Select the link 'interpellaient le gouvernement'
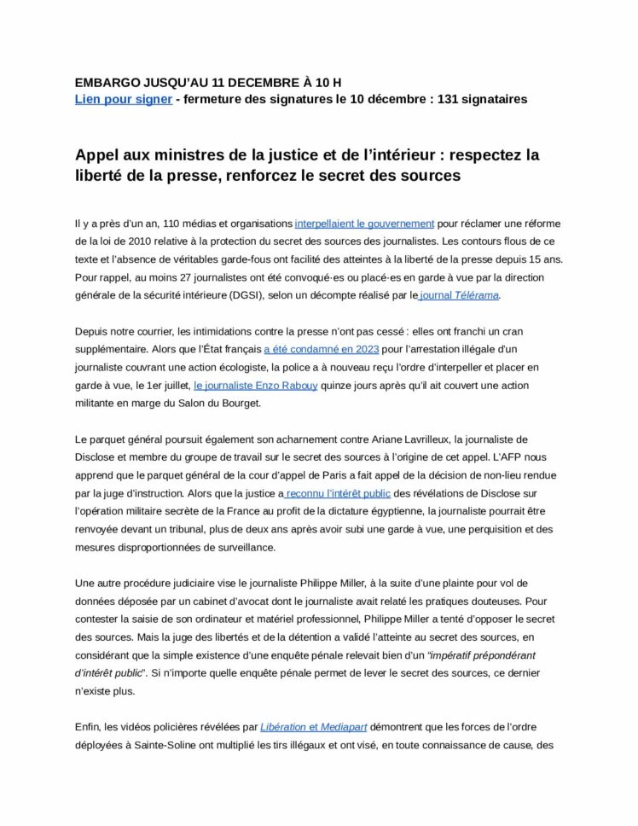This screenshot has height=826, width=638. click(364, 224)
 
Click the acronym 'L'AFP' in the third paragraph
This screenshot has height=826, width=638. click(531, 457)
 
